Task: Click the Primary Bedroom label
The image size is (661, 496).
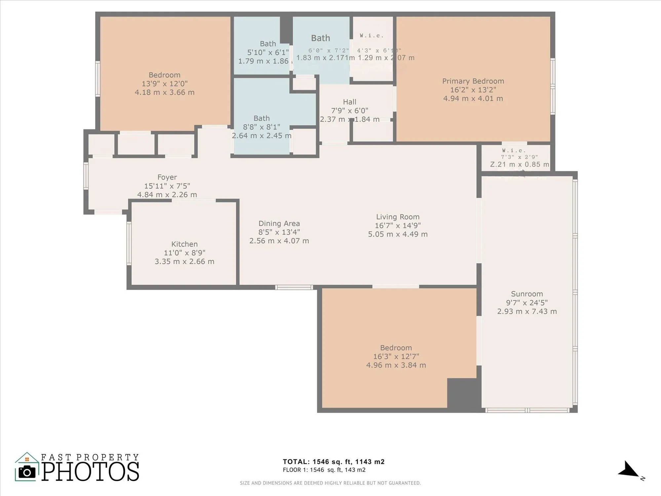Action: pyautogui.click(x=473, y=81)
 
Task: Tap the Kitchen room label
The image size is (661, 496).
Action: pyautogui.click(x=184, y=244)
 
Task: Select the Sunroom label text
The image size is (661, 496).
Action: pyautogui.click(x=527, y=294)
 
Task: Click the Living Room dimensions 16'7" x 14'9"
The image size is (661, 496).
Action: pyautogui.click(x=398, y=226)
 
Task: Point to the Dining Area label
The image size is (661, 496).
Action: pyautogui.click(x=279, y=224)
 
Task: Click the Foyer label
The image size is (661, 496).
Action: pyautogui.click(x=167, y=177)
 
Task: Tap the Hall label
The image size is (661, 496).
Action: pyautogui.click(x=349, y=102)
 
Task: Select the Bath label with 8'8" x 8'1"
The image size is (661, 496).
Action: pyautogui.click(x=261, y=118)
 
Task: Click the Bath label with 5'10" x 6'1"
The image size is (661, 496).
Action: pyautogui.click(x=268, y=44)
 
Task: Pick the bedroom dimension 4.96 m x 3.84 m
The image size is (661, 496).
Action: pyautogui.click(x=396, y=365)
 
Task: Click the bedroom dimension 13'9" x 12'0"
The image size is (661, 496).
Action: pyautogui.click(x=164, y=84)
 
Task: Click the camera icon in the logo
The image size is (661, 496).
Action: pyautogui.click(x=26, y=472)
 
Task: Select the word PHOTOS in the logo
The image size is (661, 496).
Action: pyautogui.click(x=90, y=472)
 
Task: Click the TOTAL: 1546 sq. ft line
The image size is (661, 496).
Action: pyautogui.click(x=333, y=462)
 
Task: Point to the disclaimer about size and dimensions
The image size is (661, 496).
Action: pyautogui.click(x=330, y=483)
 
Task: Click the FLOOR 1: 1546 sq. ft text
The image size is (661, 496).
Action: pyautogui.click(x=324, y=470)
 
